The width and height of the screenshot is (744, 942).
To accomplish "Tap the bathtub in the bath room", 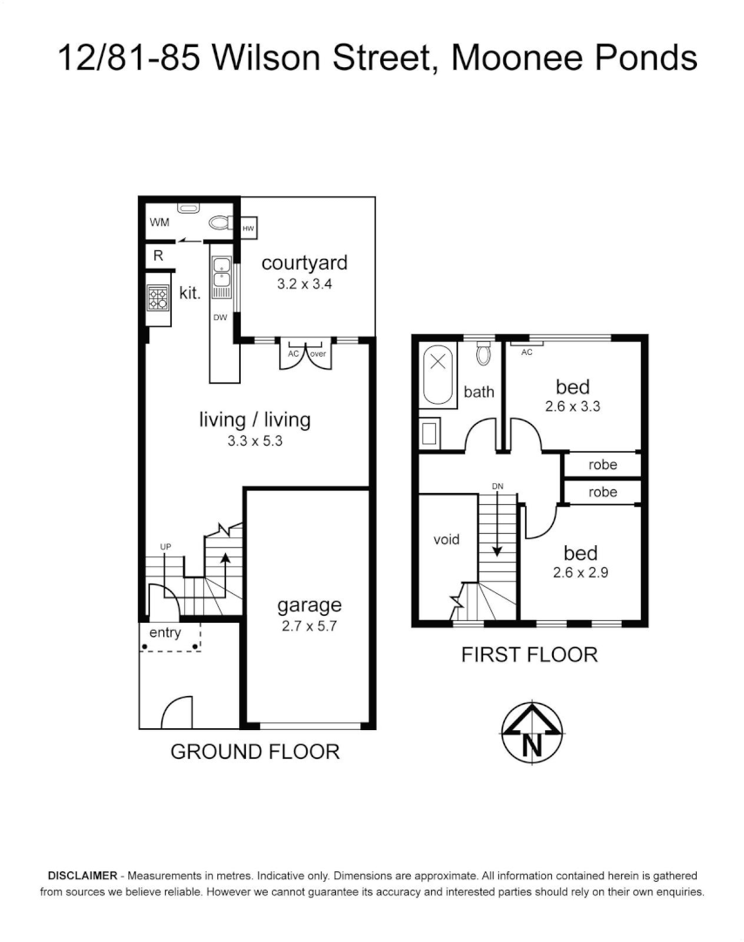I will point(437,376).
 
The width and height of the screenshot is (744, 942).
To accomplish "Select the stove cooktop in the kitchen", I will point(158,298).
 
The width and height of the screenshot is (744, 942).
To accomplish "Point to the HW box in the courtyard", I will point(249,229).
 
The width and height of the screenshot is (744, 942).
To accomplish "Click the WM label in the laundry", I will point(159,222).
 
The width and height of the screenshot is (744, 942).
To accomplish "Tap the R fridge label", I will point(158,256).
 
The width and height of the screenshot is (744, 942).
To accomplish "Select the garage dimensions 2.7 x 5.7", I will point(309,625).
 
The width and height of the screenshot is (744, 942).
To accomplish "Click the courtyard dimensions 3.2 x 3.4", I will point(304,283).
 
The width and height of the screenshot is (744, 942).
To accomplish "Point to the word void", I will point(446,539).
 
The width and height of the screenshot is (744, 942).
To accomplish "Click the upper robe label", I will point(602,465).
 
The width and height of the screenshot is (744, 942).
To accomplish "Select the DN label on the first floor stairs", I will point(497,486).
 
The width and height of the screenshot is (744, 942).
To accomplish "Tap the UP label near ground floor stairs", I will point(165,547).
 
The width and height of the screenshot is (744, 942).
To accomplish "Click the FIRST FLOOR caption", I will point(529,654).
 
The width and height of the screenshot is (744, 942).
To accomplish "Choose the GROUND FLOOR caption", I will point(255,751).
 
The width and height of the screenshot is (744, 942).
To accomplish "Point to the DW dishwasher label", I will point(220,317).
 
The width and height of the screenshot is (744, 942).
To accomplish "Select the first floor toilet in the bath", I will point(482,354).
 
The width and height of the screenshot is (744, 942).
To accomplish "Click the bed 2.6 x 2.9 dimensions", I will point(580,573).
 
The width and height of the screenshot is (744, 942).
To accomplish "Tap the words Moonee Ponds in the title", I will point(576,58).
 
